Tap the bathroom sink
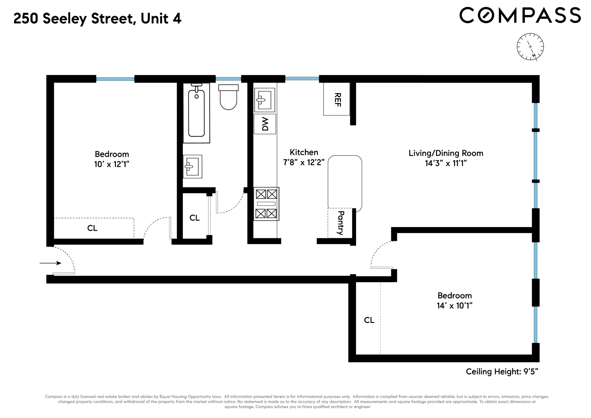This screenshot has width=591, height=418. (x=192, y=166)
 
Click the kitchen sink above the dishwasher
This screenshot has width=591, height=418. (x=265, y=100)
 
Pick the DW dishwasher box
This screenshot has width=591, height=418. (x=265, y=124)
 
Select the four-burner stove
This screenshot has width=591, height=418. (x=266, y=204)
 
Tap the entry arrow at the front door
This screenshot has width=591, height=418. (x=50, y=263)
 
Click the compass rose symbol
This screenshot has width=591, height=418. (x=530, y=47)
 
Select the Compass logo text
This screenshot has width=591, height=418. (x=520, y=15)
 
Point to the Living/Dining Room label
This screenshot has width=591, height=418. (x=446, y=153)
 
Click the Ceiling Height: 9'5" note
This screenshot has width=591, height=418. (x=502, y=371)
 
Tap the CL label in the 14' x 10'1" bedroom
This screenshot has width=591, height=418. (x=369, y=320)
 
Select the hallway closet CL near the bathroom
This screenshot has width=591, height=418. (x=194, y=218)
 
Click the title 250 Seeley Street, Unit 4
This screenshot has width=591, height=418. (x=97, y=19)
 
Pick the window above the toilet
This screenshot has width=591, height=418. (x=228, y=79)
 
